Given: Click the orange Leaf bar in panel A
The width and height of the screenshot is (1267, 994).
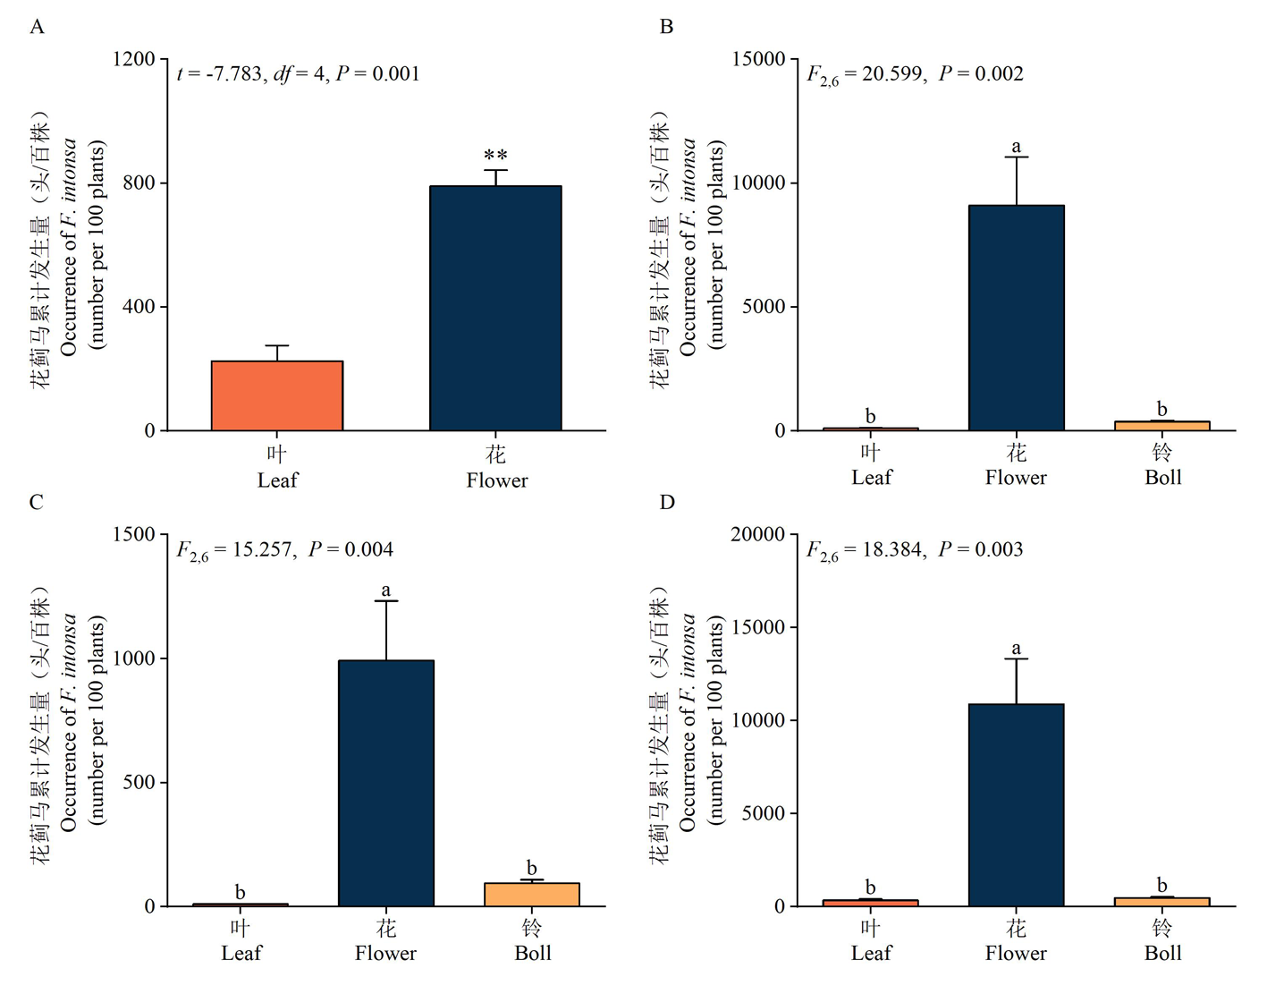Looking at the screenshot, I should [277, 395].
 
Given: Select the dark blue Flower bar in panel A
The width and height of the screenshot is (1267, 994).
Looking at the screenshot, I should [495, 308].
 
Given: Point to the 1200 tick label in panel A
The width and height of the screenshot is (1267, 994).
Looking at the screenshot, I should [134, 60].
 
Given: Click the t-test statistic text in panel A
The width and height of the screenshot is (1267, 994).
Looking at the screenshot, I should [298, 74].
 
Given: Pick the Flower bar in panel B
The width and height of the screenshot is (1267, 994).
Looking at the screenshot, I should [1017, 318].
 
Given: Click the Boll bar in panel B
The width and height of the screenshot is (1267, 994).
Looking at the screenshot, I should [1161, 426].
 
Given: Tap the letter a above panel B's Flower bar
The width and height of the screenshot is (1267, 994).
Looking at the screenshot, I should [1017, 146].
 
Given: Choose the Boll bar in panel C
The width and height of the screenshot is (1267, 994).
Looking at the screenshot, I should [532, 895].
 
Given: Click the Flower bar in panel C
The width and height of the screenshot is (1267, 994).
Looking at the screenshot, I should [386, 783].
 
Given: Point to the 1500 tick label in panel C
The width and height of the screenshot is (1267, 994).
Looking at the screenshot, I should [134, 535].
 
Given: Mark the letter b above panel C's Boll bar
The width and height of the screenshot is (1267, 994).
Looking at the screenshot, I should [532, 867].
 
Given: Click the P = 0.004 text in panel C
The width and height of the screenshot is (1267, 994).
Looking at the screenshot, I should [351, 549].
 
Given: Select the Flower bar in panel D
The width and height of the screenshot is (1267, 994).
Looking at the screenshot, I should [1017, 805].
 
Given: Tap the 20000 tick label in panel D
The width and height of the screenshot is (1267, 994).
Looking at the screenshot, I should [758, 535].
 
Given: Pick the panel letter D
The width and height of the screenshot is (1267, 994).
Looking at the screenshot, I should [667, 502].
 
